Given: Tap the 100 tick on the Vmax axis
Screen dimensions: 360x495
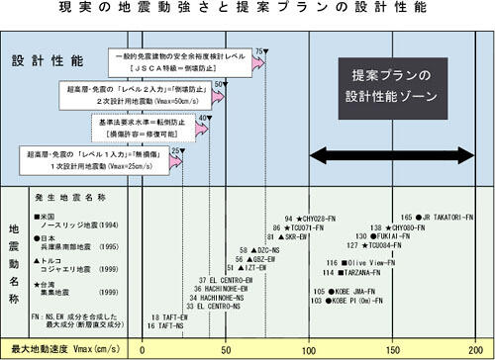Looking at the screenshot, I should coord(312,349).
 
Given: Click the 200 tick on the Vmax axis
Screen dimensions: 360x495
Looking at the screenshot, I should coord(478,349).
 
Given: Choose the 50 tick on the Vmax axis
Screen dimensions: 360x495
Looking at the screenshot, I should coord(227,349).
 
